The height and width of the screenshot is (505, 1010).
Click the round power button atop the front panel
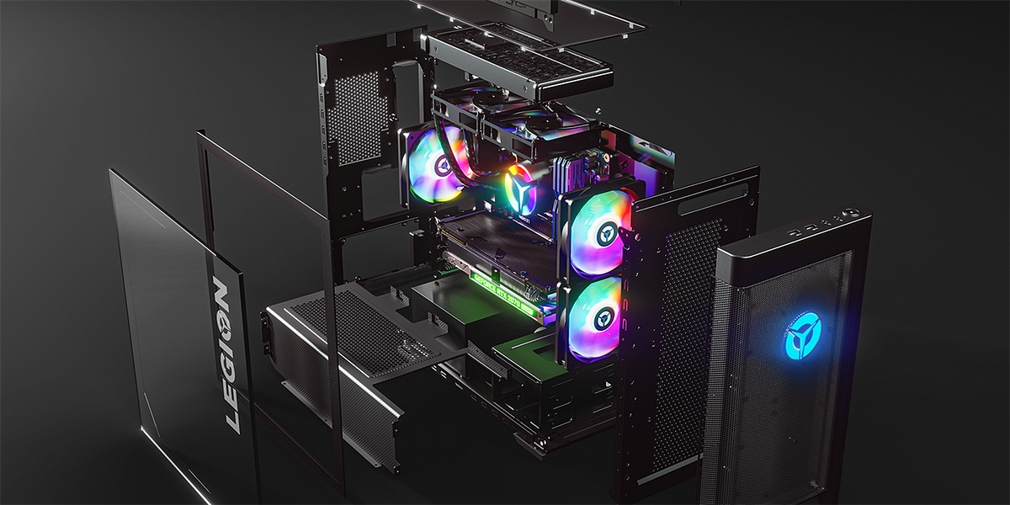tap(855, 214)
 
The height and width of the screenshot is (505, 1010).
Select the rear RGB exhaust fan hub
tap(440, 165)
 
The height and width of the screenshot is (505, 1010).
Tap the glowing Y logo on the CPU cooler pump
tap(518, 190)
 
